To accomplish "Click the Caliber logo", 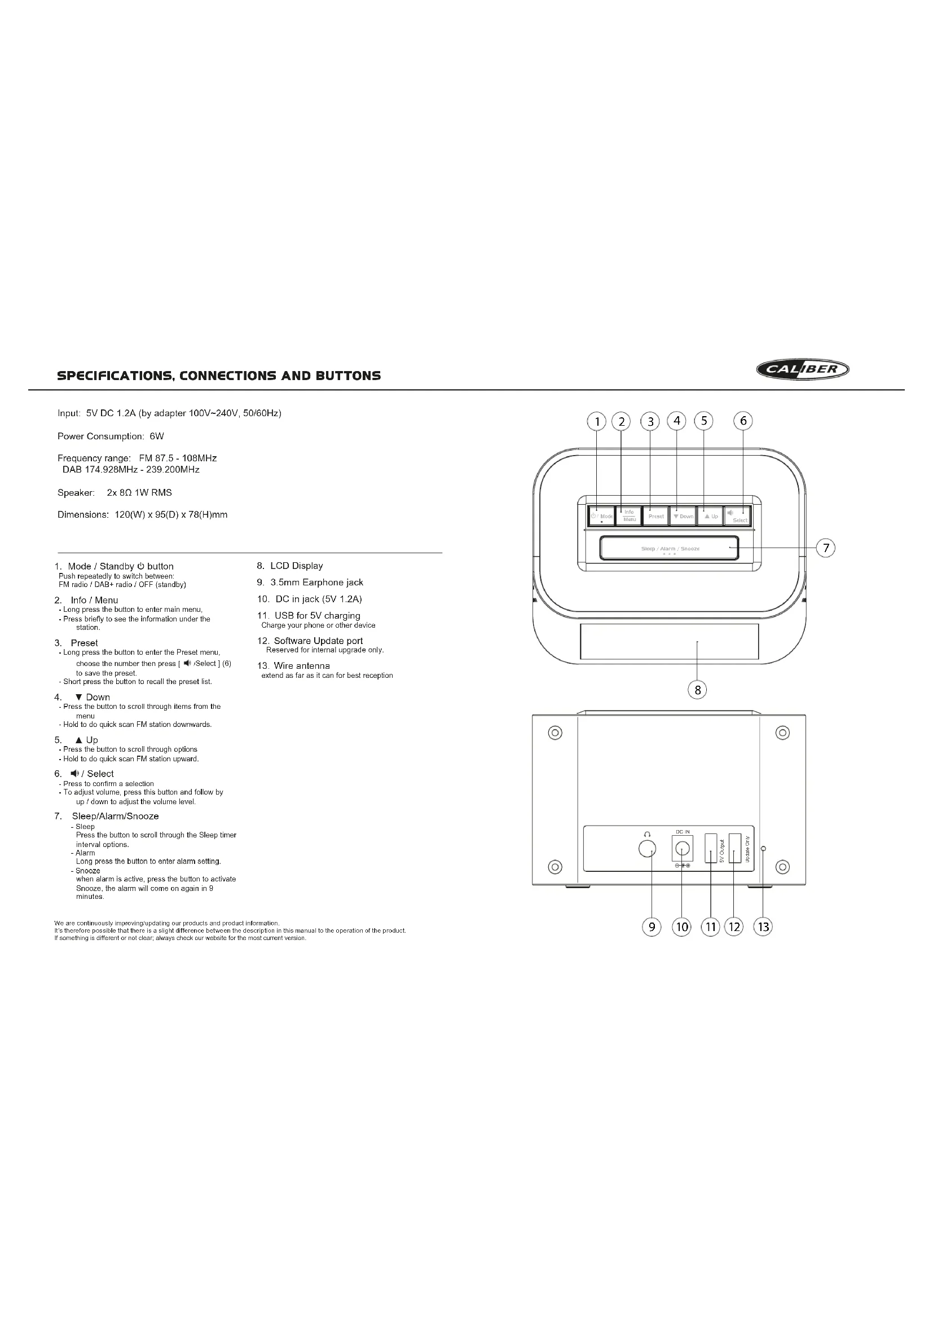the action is click(803, 369).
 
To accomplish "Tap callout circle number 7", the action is click(826, 548).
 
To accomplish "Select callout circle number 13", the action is click(763, 927).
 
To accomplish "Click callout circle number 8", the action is click(697, 690).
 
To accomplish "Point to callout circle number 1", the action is click(597, 422).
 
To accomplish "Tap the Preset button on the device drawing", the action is click(655, 516).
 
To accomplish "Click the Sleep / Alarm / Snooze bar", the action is click(670, 548).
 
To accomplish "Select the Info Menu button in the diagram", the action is click(629, 515).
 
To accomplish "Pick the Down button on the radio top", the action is click(683, 516).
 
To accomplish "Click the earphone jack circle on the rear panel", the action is click(648, 849).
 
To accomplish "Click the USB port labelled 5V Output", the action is click(711, 848).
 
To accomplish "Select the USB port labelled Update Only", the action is click(735, 848).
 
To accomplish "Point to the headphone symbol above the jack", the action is click(648, 833).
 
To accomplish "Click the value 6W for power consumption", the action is click(157, 436).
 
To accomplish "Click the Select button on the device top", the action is click(738, 516).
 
